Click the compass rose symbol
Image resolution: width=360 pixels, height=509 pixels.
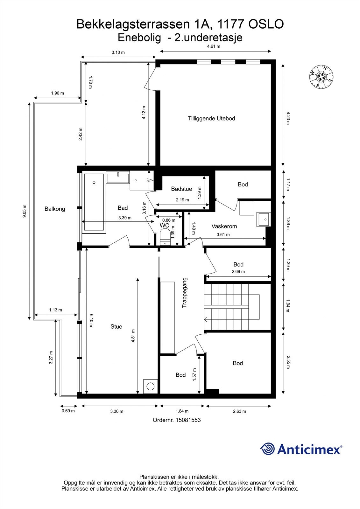[x=321, y=77]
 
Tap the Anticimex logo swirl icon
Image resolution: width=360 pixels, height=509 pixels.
[x=267, y=449]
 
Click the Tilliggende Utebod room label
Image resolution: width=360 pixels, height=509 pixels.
[x=211, y=118]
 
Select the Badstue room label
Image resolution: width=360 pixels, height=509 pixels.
[x=181, y=189]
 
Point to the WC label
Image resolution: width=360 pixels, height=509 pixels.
[x=165, y=226]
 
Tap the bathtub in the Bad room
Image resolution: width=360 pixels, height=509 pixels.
[x=94, y=202]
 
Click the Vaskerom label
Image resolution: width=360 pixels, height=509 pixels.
[x=224, y=226]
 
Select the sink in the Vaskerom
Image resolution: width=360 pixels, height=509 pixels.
[x=264, y=219]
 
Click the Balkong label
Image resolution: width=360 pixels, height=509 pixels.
[x=55, y=209]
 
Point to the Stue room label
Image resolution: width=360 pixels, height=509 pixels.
[x=116, y=326]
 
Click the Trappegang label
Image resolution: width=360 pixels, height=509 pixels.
[x=184, y=292]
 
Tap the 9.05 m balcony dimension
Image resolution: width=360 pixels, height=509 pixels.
[x=25, y=211]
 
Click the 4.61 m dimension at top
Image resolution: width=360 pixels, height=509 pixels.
[x=214, y=46]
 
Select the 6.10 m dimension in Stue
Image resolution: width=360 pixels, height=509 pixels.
[x=91, y=320]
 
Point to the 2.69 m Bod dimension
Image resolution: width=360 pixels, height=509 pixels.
[x=238, y=272]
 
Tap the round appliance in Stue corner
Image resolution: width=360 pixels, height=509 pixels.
[x=150, y=386]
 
